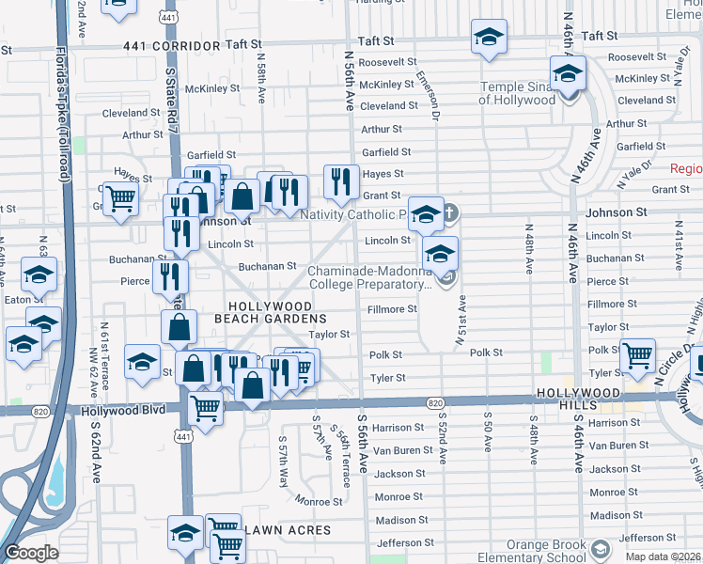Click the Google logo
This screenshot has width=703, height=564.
(31, 553)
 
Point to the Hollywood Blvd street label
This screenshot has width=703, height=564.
(123, 410)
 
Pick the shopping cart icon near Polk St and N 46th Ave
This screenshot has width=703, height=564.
(638, 355)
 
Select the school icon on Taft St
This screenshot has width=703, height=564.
(489, 38)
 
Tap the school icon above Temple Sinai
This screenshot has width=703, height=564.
(569, 72)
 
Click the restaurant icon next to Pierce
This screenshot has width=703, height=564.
(170, 274)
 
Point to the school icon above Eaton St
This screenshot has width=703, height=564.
(39, 274)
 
